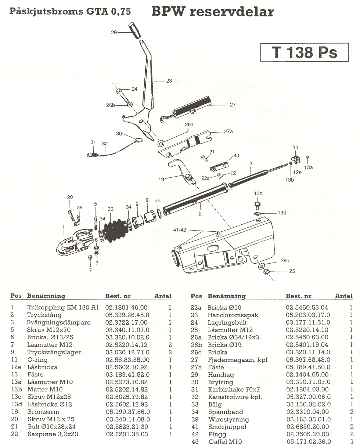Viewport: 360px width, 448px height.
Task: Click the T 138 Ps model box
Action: pyautogui.click(x=305, y=52)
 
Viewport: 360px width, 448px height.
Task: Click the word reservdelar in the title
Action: pyautogui.click(x=232, y=11)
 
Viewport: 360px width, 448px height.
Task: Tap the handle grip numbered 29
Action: pyautogui.click(x=134, y=30)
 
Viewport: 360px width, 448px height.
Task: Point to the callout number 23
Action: pyautogui.click(x=169, y=81)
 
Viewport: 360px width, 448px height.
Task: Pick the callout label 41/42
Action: pyautogui.click(x=180, y=230)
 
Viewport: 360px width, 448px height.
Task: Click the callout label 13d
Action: pyautogui.click(x=282, y=213)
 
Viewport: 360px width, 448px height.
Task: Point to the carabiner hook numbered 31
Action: pyautogui.click(x=92, y=155)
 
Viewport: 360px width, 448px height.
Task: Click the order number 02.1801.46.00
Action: pyautogui.click(x=126, y=307)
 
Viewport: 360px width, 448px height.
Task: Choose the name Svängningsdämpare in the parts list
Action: pyautogui.click(x=59, y=322)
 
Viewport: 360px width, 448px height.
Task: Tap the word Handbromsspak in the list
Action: pyautogui.click(x=233, y=315)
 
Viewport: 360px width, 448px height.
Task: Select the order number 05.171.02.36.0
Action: pyautogui.click(x=309, y=441)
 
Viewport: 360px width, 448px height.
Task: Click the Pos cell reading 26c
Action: pyautogui.click(x=196, y=352)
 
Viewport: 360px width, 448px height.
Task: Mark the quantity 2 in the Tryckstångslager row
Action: pyautogui.click(x=170, y=352)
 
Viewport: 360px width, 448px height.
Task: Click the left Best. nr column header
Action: pyautogui.click(x=118, y=296)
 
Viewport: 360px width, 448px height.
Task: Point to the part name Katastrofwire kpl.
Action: pyautogui.click(x=235, y=397)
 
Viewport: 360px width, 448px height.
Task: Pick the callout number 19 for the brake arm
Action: pyautogui.click(x=161, y=179)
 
